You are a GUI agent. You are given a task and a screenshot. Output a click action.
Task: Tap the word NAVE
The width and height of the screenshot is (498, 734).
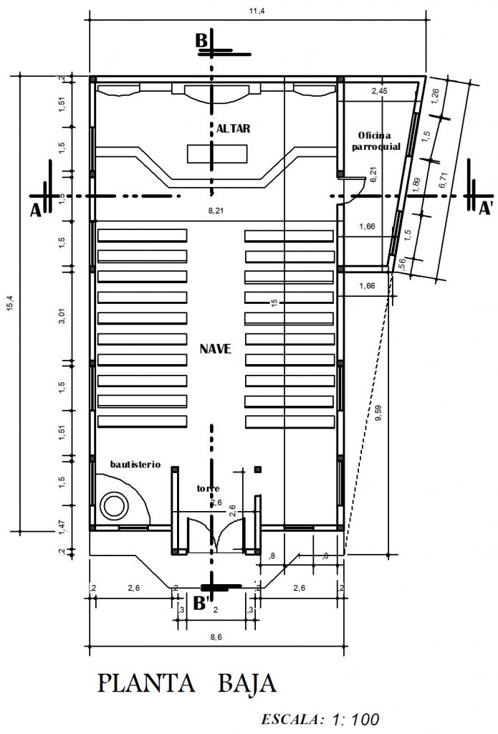pos(216,349)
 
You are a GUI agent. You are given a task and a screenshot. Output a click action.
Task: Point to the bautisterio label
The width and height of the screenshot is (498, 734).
pos(135,464)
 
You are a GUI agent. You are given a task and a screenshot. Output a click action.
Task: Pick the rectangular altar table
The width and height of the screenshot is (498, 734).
pos(217,153)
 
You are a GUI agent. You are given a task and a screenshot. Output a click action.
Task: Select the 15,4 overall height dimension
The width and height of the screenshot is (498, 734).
pos(9,305)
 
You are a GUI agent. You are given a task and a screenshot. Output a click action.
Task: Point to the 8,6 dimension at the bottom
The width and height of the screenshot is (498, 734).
pos(215,637)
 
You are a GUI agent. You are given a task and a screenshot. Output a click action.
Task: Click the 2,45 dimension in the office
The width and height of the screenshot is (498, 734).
pos(379,91)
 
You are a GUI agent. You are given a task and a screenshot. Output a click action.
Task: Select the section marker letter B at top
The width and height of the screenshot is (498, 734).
pos(201,42)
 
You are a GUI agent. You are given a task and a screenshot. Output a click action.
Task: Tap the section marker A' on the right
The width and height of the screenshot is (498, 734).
pos(487,209)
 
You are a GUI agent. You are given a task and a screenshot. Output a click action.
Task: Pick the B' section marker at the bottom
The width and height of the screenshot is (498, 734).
pos(202,604)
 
